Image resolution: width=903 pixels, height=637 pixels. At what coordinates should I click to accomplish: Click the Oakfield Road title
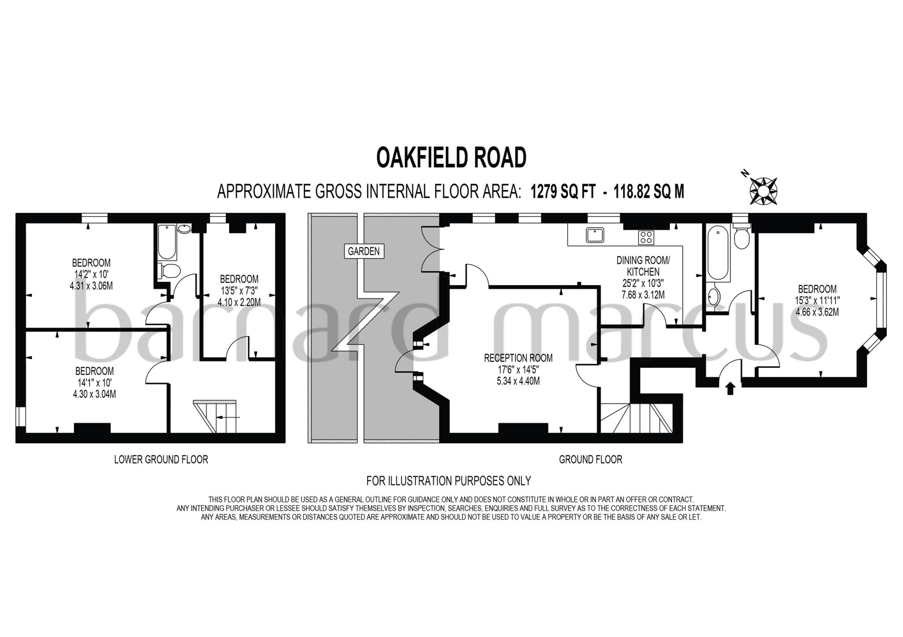451,157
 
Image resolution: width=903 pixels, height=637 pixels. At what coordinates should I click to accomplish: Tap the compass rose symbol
763,191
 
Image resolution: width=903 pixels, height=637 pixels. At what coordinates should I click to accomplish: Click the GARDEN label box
364,252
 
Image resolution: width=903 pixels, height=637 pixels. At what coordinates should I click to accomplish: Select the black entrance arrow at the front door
730,388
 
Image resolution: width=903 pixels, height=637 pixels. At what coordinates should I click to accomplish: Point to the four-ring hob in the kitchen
646,238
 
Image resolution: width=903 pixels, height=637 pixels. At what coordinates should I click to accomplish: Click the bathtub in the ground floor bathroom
718,253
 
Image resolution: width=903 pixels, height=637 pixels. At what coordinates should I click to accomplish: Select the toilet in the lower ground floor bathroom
169,270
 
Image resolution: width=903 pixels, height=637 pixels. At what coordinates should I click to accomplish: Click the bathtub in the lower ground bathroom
167,242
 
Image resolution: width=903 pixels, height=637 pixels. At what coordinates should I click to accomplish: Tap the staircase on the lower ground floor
216,416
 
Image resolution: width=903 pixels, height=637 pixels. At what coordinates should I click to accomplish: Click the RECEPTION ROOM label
518,358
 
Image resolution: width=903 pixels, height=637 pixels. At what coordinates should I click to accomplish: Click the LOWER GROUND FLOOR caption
161,459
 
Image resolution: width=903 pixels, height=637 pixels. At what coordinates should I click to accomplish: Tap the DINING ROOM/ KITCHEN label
643,266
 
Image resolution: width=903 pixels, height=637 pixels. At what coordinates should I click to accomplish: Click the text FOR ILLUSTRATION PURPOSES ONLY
448,481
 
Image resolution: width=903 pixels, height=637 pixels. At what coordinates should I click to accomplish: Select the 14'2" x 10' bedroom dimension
91,274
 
